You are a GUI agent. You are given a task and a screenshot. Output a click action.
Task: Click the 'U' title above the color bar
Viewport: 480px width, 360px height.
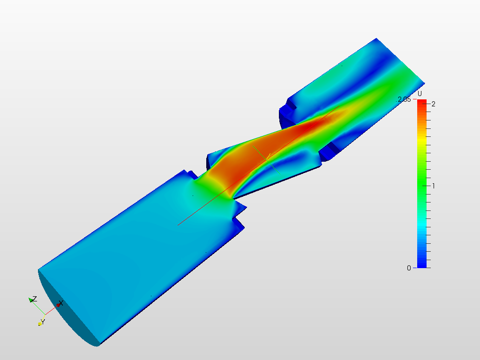coord(420,94)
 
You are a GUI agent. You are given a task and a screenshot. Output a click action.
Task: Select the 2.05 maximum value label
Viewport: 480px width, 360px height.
coord(404,99)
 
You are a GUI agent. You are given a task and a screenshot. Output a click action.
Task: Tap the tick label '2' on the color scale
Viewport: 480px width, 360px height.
coord(434,104)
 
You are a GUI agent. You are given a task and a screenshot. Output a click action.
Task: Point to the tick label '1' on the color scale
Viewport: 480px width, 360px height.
coord(434,186)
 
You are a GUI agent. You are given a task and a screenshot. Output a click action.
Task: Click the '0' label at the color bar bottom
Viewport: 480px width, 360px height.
coord(409,268)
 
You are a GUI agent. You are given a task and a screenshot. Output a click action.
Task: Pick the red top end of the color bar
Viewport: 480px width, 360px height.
coord(421,102)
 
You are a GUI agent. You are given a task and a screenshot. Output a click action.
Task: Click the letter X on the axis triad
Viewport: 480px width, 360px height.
coord(61,303)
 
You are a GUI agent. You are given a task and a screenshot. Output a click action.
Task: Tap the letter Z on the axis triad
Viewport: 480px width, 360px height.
coord(35,299)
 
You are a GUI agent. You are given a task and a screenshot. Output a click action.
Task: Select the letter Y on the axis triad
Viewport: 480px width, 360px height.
coord(43,321)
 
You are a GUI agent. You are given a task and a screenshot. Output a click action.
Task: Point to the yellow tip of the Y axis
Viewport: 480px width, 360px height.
coord(40,323)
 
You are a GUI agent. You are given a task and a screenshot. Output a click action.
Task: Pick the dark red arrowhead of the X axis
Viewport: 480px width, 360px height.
coord(58,305)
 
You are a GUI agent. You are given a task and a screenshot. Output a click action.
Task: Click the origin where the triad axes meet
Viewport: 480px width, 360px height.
coord(45,314)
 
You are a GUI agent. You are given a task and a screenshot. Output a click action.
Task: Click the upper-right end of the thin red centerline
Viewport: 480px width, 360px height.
coord(339,106)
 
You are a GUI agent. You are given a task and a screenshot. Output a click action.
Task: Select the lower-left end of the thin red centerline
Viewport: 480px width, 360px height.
coord(179,225)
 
